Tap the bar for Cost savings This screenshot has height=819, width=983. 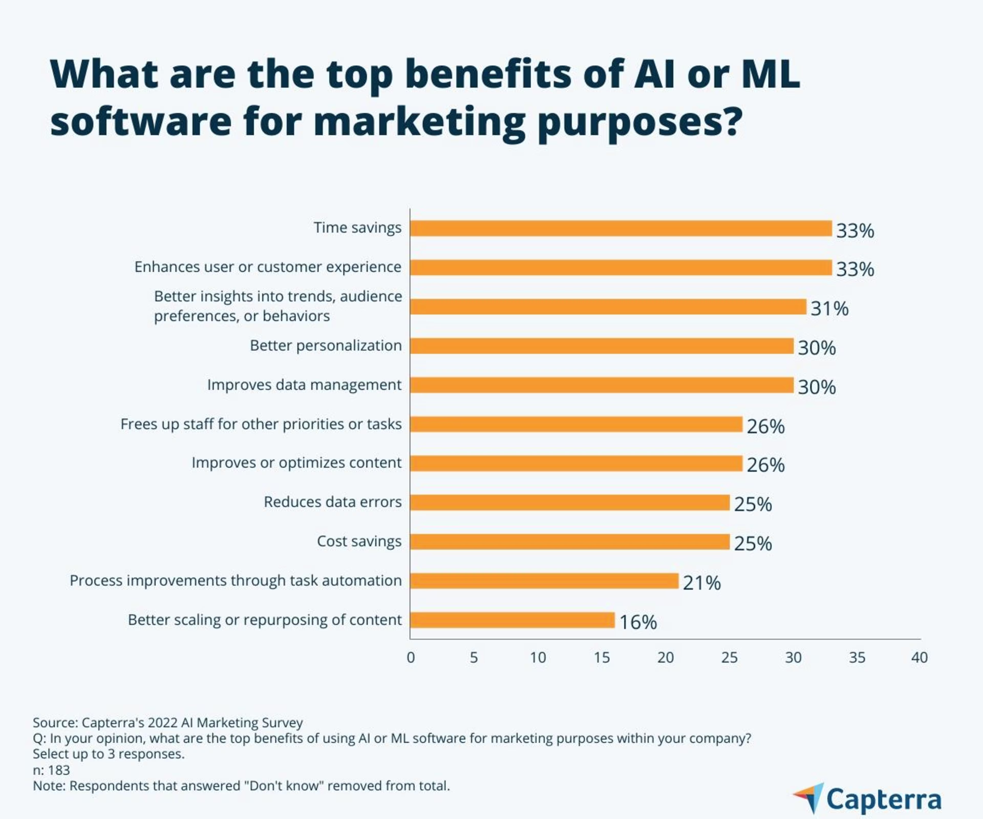pyautogui.click(x=570, y=542)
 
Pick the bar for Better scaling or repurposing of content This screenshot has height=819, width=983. pyautogui.click(x=512, y=620)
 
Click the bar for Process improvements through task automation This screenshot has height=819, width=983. pyautogui.click(x=544, y=581)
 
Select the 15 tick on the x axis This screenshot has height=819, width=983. pyautogui.click(x=602, y=658)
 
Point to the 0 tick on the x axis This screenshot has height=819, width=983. pyautogui.click(x=411, y=658)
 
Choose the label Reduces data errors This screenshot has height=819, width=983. pyautogui.click(x=332, y=502)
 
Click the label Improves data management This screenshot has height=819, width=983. pyautogui.click(x=304, y=385)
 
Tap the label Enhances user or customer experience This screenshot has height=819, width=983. pyautogui.click(x=268, y=267)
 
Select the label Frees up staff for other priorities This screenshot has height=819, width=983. pyautogui.click(x=261, y=424)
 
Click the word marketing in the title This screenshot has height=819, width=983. pyautogui.click(x=419, y=122)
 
